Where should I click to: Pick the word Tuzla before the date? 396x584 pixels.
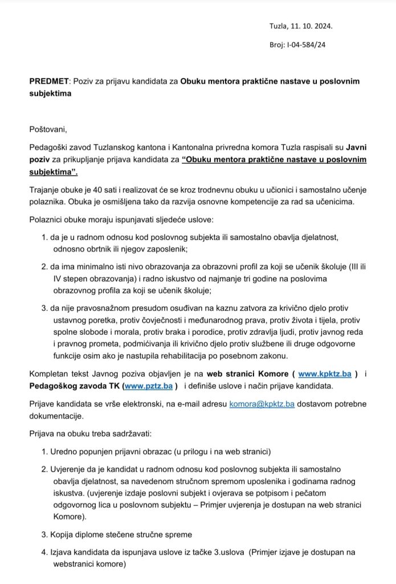click(279, 26)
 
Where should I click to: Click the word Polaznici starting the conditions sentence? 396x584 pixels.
click(47, 220)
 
